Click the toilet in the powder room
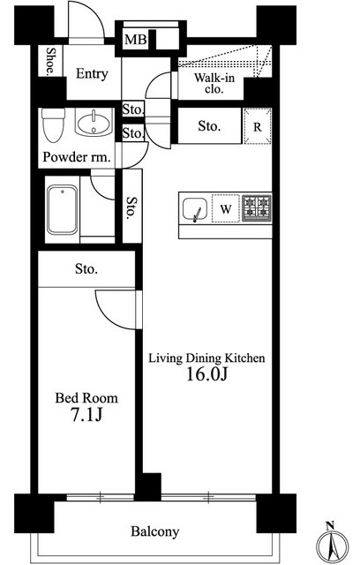click(x=53, y=125)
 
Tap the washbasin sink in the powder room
click(x=94, y=122)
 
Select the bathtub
click(x=63, y=210)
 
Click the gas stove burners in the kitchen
click(x=257, y=207)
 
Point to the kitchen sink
click(x=195, y=209)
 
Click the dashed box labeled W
click(x=226, y=208)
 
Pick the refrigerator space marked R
click(x=258, y=126)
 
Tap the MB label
click(x=135, y=40)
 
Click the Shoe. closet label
click(x=50, y=61)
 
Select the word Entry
click(x=92, y=74)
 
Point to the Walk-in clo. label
click(x=214, y=83)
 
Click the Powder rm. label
click(x=77, y=157)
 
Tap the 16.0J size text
click(x=207, y=374)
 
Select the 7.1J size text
click(x=86, y=415)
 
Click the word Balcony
click(x=154, y=531)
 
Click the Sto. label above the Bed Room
click(x=86, y=268)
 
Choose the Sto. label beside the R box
click(x=209, y=126)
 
